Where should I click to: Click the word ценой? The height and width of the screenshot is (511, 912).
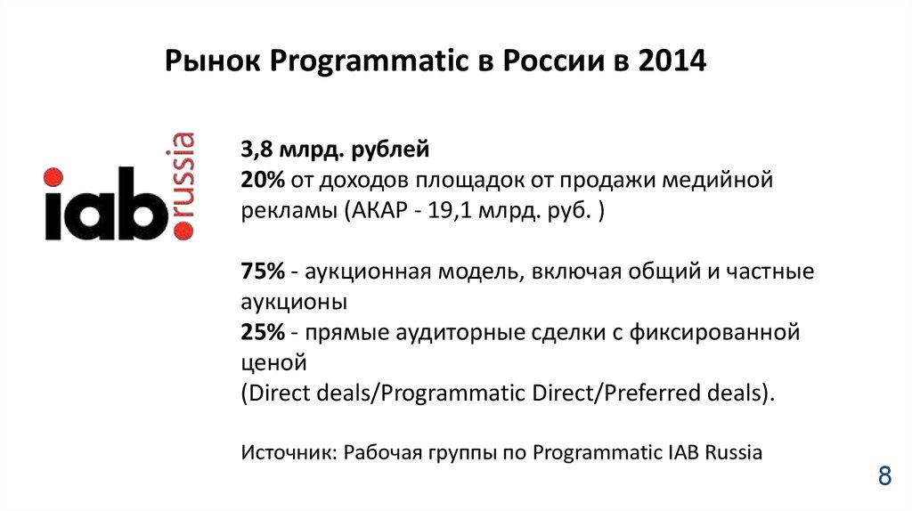[x=273, y=363]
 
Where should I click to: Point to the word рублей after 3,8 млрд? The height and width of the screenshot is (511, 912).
[x=391, y=150]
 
